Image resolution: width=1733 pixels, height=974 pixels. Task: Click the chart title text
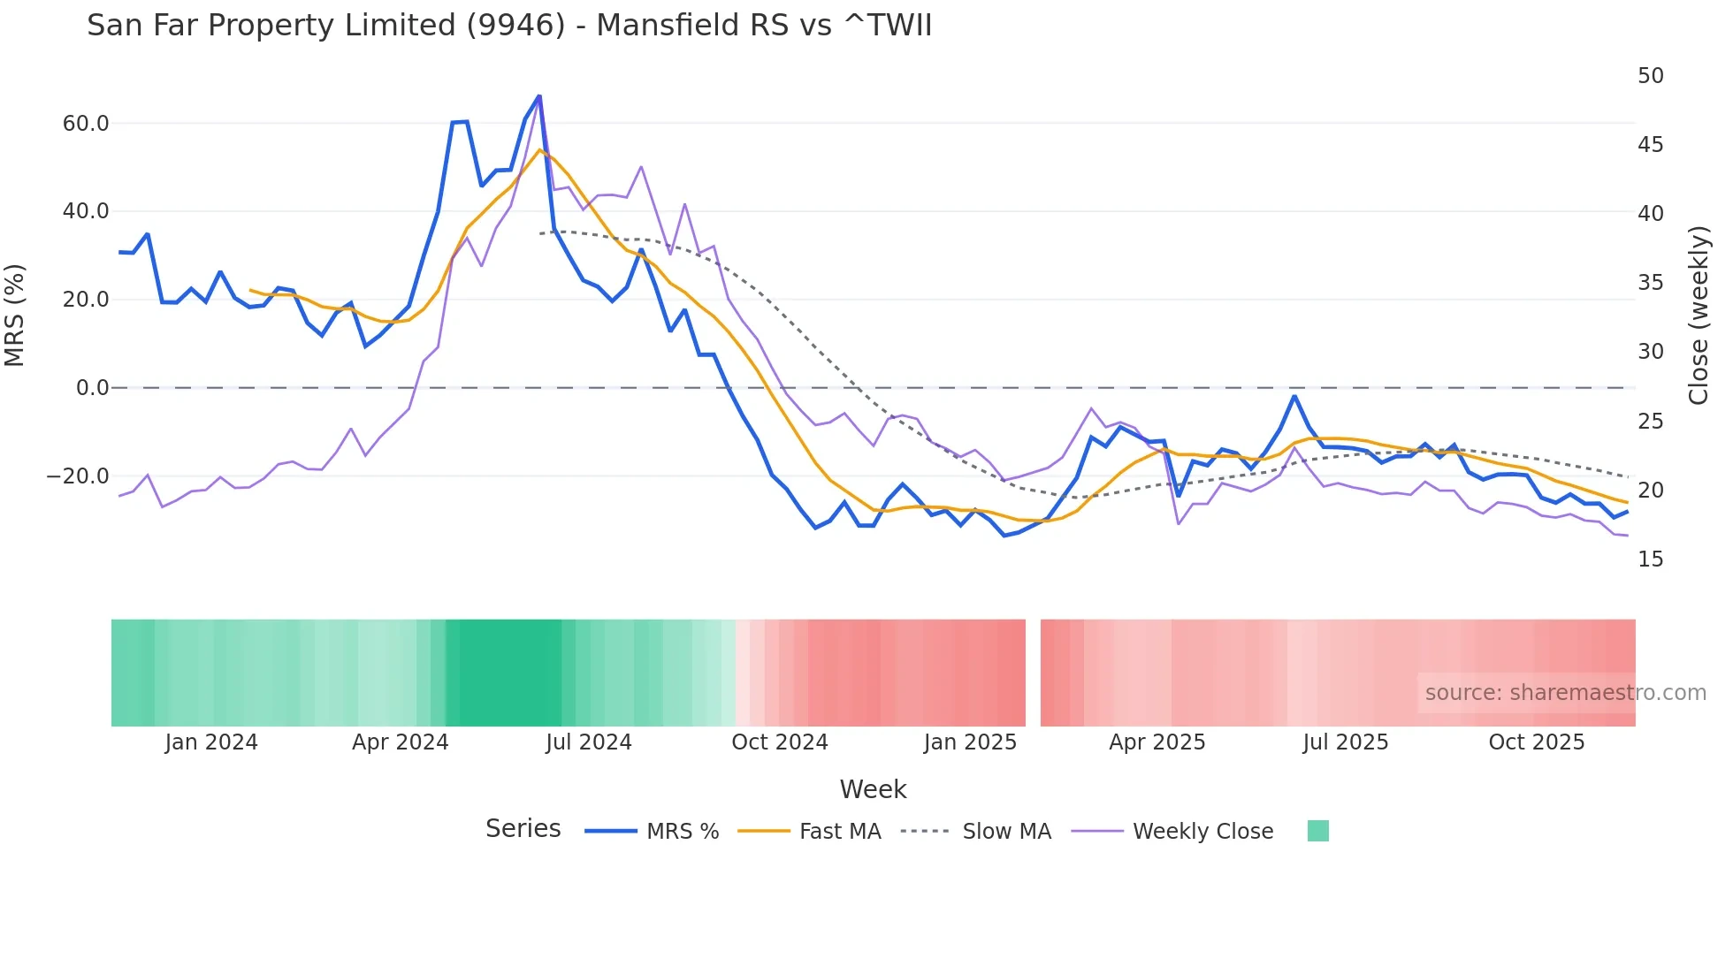(509, 26)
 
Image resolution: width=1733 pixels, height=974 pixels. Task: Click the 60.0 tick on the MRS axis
(86, 124)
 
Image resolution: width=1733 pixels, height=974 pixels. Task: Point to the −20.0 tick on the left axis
(78, 476)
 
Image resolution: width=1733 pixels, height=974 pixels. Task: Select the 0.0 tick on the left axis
(92, 388)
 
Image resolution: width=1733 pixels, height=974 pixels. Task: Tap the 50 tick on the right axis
(1650, 76)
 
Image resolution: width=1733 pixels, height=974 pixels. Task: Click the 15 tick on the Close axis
(1650, 559)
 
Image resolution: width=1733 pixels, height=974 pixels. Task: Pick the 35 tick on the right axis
(1650, 283)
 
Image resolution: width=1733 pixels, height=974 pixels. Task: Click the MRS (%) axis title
(15, 315)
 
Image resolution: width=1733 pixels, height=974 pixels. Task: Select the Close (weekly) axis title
(1698, 315)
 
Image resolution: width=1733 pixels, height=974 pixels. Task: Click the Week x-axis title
(873, 789)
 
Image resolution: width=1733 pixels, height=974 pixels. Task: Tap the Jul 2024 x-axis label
(588, 742)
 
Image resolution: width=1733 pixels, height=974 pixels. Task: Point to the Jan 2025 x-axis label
(970, 742)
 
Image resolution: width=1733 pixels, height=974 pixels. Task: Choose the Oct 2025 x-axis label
(1536, 742)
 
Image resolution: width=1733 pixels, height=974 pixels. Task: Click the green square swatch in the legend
(1317, 831)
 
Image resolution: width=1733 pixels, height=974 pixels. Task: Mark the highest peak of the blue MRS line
(539, 96)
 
